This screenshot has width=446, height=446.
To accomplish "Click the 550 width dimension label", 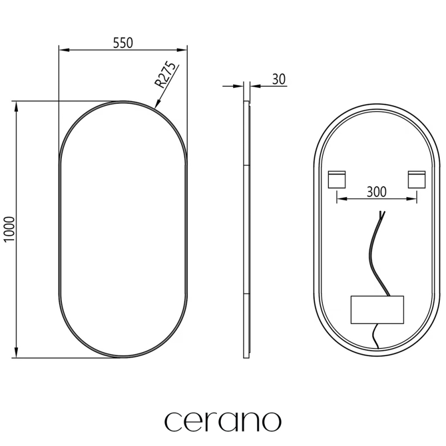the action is [123, 43].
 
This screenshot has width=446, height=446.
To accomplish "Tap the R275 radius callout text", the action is [165, 75].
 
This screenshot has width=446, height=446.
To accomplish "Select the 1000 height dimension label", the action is [9, 229].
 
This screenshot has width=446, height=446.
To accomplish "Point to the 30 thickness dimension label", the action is [279, 79].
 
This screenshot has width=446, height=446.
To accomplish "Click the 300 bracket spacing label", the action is [377, 192].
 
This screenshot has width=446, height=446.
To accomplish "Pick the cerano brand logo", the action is [222, 421].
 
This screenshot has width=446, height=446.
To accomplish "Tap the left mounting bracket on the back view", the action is [337, 180].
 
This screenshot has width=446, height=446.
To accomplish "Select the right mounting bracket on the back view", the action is [416, 180].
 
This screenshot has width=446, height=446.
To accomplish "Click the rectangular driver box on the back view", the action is [377, 310].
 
